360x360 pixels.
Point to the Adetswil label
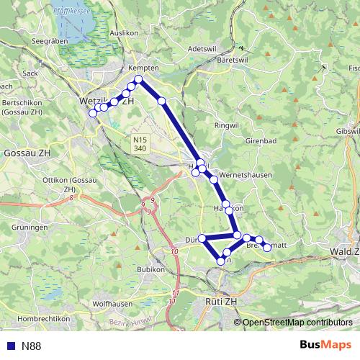click(201, 48)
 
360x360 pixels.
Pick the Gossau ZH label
click(27, 154)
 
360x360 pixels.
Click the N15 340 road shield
click(140, 143)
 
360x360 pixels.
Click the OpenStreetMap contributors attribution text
click(297, 323)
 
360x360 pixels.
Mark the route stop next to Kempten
click(139, 79)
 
